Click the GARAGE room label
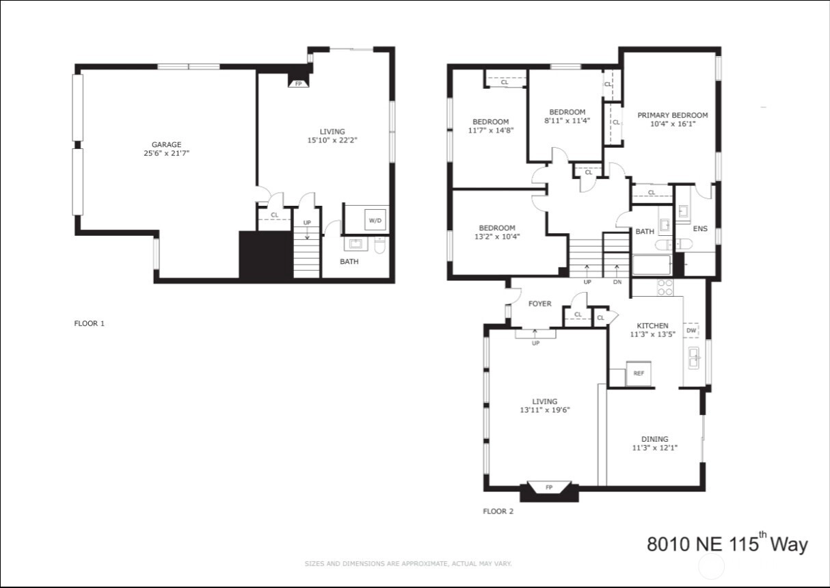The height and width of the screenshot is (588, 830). click(x=166, y=144)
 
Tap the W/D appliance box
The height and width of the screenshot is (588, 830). click(x=375, y=220)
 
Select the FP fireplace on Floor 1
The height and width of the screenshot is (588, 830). click(x=298, y=83)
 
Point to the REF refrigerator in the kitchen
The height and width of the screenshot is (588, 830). click(x=639, y=373)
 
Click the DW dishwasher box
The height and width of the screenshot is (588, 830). click(x=691, y=330)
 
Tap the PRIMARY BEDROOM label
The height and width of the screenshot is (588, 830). click(x=673, y=116)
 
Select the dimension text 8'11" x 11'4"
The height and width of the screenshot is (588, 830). click(x=567, y=120)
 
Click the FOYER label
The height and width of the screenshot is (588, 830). click(x=540, y=304)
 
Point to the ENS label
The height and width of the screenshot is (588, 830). click(x=700, y=228)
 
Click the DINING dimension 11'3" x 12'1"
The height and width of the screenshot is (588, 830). click(x=655, y=448)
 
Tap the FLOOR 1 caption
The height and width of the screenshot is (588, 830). click(x=90, y=323)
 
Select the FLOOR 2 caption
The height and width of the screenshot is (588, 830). click(x=498, y=511)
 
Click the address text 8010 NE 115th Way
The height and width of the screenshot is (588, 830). click(x=727, y=543)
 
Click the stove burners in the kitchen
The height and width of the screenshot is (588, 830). click(x=665, y=288)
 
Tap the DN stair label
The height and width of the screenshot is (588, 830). click(x=617, y=282)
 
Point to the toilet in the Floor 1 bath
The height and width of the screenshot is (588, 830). click(x=379, y=245)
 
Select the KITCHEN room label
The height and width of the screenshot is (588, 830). click(x=652, y=325)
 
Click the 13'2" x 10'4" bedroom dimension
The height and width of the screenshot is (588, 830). click(x=497, y=237)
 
